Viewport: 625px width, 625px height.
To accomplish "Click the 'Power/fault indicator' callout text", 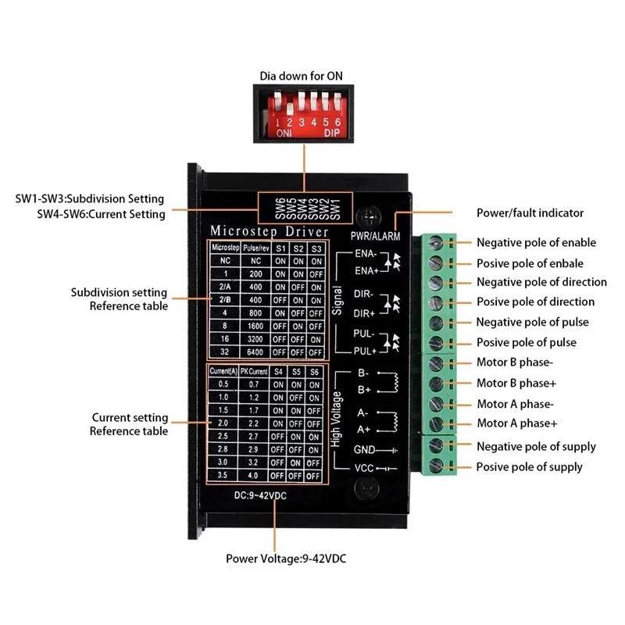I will click(x=530, y=212).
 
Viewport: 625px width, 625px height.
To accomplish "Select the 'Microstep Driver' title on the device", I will click(x=265, y=231).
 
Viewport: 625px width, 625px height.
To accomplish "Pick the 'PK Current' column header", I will click(x=254, y=371).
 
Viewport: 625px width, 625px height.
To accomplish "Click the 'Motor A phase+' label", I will click(x=516, y=423).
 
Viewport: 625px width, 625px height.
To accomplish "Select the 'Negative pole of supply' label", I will click(x=536, y=447).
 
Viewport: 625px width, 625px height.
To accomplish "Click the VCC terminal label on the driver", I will click(x=365, y=469).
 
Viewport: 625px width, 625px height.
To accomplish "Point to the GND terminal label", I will click(x=364, y=450).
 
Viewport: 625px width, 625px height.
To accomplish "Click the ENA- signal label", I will click(x=366, y=254).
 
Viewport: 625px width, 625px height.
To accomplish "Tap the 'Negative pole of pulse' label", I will click(x=533, y=322).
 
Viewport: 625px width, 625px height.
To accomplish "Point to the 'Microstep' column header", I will click(x=223, y=248).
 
